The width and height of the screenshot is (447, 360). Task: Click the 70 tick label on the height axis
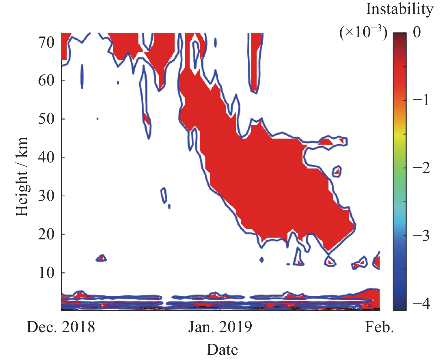tap(46, 42)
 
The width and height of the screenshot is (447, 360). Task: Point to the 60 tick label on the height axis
tap(46, 81)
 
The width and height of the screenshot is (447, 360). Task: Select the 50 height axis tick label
tap(46, 119)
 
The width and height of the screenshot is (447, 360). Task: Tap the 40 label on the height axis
tap(46, 157)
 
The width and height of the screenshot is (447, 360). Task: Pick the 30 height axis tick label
tap(46, 196)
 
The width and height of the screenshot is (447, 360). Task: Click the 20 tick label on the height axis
tap(46, 234)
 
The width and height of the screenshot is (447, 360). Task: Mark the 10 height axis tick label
tap(46, 273)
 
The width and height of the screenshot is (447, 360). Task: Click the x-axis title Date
tap(222, 350)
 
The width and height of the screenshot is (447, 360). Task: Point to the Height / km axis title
tap(22, 176)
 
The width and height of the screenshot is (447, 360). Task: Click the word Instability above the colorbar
tap(400, 9)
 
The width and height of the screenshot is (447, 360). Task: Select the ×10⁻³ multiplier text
tap(363, 32)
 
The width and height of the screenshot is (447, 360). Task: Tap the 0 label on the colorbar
tap(417, 32)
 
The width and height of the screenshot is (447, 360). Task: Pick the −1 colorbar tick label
tap(421, 100)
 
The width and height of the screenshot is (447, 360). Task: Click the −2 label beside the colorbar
tap(421, 168)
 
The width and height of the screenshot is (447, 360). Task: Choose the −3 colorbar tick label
tap(421, 235)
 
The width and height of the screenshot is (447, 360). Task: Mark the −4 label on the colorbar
tap(421, 303)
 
